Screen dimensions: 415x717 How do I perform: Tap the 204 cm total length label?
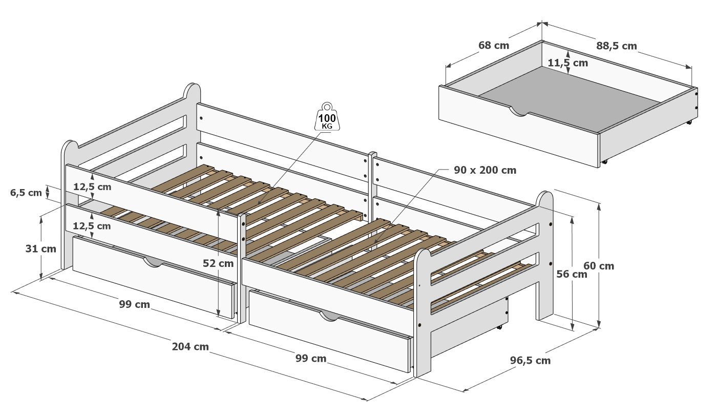190,346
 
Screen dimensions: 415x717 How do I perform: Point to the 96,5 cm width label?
530,360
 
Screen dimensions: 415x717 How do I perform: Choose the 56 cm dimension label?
572,274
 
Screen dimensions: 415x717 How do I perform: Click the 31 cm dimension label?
41,248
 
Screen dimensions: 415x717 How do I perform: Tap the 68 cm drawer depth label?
494,45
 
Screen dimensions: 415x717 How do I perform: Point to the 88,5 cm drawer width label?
616,46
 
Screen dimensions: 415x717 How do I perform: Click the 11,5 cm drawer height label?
567,63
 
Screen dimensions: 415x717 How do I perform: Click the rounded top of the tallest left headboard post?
192,89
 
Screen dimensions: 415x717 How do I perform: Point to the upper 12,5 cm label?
92,186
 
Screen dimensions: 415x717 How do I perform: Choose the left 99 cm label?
134,304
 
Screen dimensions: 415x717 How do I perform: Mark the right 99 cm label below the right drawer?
311,358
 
